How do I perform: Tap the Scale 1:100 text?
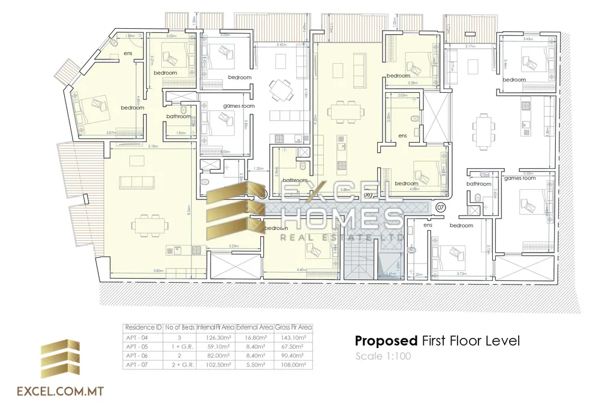click(383, 356)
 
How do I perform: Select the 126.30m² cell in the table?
click(215, 337)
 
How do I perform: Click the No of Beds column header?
click(180, 328)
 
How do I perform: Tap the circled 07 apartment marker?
click(441, 207)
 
